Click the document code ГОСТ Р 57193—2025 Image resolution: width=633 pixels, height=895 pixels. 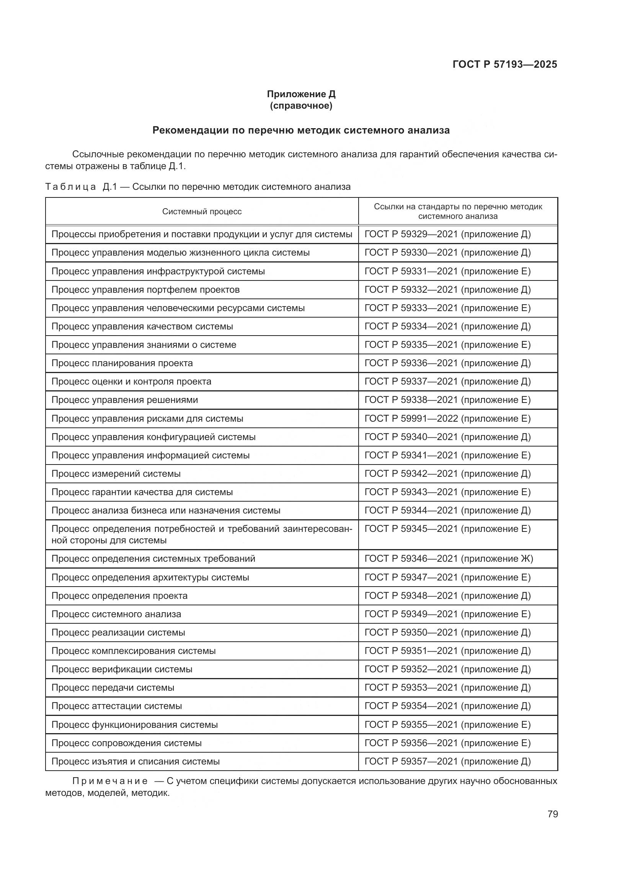[x=505, y=64]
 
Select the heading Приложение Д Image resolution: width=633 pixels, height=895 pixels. [x=301, y=94]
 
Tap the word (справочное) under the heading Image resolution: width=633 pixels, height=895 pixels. [x=301, y=106]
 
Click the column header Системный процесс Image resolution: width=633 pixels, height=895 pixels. [x=202, y=212]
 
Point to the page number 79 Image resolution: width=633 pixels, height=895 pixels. [x=552, y=814]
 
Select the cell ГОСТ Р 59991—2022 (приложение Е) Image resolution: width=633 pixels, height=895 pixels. [x=447, y=419]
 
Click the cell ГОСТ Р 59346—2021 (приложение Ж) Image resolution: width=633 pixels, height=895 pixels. [x=449, y=559]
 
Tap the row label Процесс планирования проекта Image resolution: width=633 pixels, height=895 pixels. [x=122, y=363]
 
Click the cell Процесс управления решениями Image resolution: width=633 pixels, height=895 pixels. [x=125, y=400]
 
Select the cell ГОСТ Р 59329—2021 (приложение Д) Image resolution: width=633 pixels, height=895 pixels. [x=447, y=234]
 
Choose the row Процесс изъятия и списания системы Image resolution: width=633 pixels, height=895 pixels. [x=135, y=761]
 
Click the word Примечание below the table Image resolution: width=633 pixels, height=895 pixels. [x=110, y=781]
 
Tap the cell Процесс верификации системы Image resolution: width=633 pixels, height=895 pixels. [x=122, y=669]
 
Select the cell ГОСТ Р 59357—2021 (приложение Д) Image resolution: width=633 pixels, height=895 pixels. [x=447, y=761]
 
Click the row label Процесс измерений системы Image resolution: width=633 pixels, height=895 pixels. [x=116, y=474]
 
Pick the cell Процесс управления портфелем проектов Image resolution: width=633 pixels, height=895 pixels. [x=145, y=290]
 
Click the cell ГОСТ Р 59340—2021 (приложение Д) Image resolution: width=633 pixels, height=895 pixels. [x=447, y=437]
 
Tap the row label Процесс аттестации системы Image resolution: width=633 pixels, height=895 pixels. [x=117, y=706]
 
